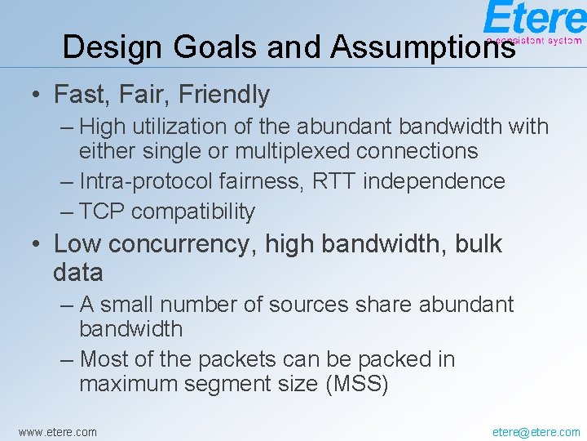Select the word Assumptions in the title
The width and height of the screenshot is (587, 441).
pos(422,47)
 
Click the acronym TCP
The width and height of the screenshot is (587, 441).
pos(102,212)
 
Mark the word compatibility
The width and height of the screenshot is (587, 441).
pos(193,212)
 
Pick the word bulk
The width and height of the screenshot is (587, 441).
pos(474,244)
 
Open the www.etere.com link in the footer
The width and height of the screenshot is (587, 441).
pos(57,431)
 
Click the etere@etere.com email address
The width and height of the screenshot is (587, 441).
pos(536,431)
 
